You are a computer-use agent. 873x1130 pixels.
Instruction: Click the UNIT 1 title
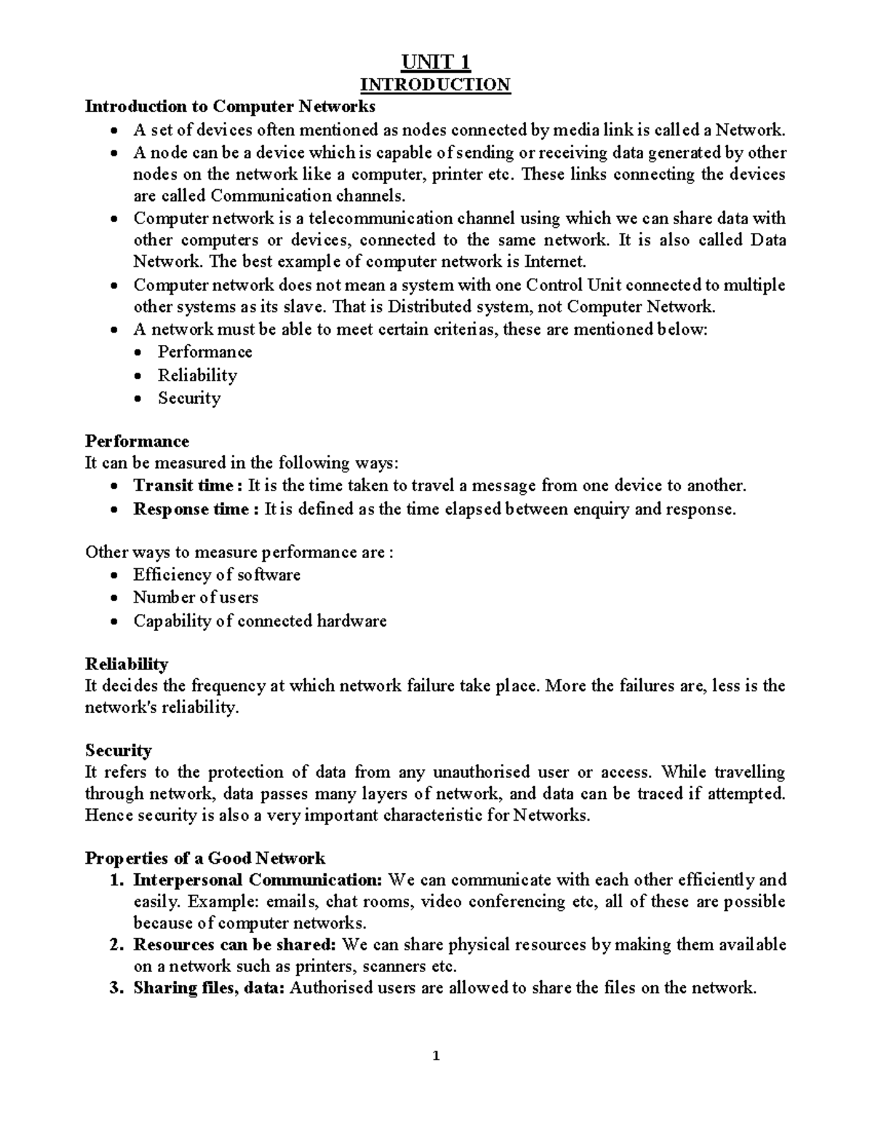(435, 61)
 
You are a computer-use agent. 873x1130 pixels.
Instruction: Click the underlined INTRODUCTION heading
(436, 84)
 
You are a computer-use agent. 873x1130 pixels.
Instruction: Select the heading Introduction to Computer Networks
(230, 107)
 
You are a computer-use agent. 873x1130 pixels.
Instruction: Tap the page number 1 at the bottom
(436, 1057)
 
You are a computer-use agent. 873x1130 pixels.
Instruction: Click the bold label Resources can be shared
(234, 945)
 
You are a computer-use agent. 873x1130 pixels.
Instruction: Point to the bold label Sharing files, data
(209, 987)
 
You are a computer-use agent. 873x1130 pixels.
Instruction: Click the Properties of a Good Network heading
(205, 858)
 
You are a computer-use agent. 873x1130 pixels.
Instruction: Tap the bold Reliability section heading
(127, 664)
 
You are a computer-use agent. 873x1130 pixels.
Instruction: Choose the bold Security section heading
(118, 750)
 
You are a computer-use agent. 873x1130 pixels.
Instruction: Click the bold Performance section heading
(137, 441)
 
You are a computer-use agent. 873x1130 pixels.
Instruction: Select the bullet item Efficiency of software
(216, 575)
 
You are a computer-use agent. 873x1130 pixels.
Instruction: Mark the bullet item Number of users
(195, 597)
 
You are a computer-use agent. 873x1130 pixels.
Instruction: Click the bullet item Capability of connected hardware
(259, 621)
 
